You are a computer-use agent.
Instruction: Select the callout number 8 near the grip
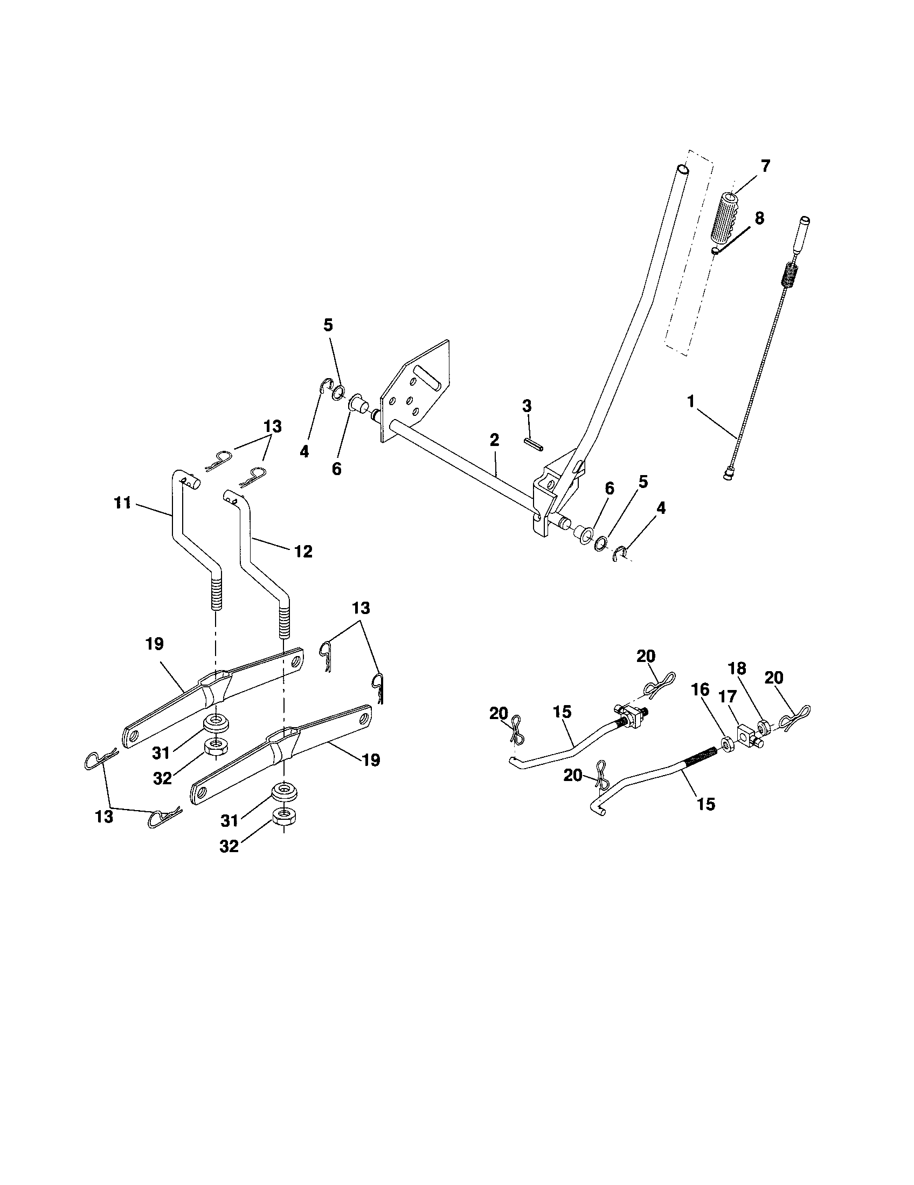tap(759, 219)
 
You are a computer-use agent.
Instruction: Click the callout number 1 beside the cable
tap(691, 402)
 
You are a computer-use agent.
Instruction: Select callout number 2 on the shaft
tap(494, 440)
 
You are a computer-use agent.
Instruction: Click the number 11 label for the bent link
tap(123, 503)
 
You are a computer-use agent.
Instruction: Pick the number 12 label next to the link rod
tap(303, 552)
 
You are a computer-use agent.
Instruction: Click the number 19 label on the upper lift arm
tap(154, 644)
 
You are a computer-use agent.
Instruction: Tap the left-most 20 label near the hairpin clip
tap(498, 714)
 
